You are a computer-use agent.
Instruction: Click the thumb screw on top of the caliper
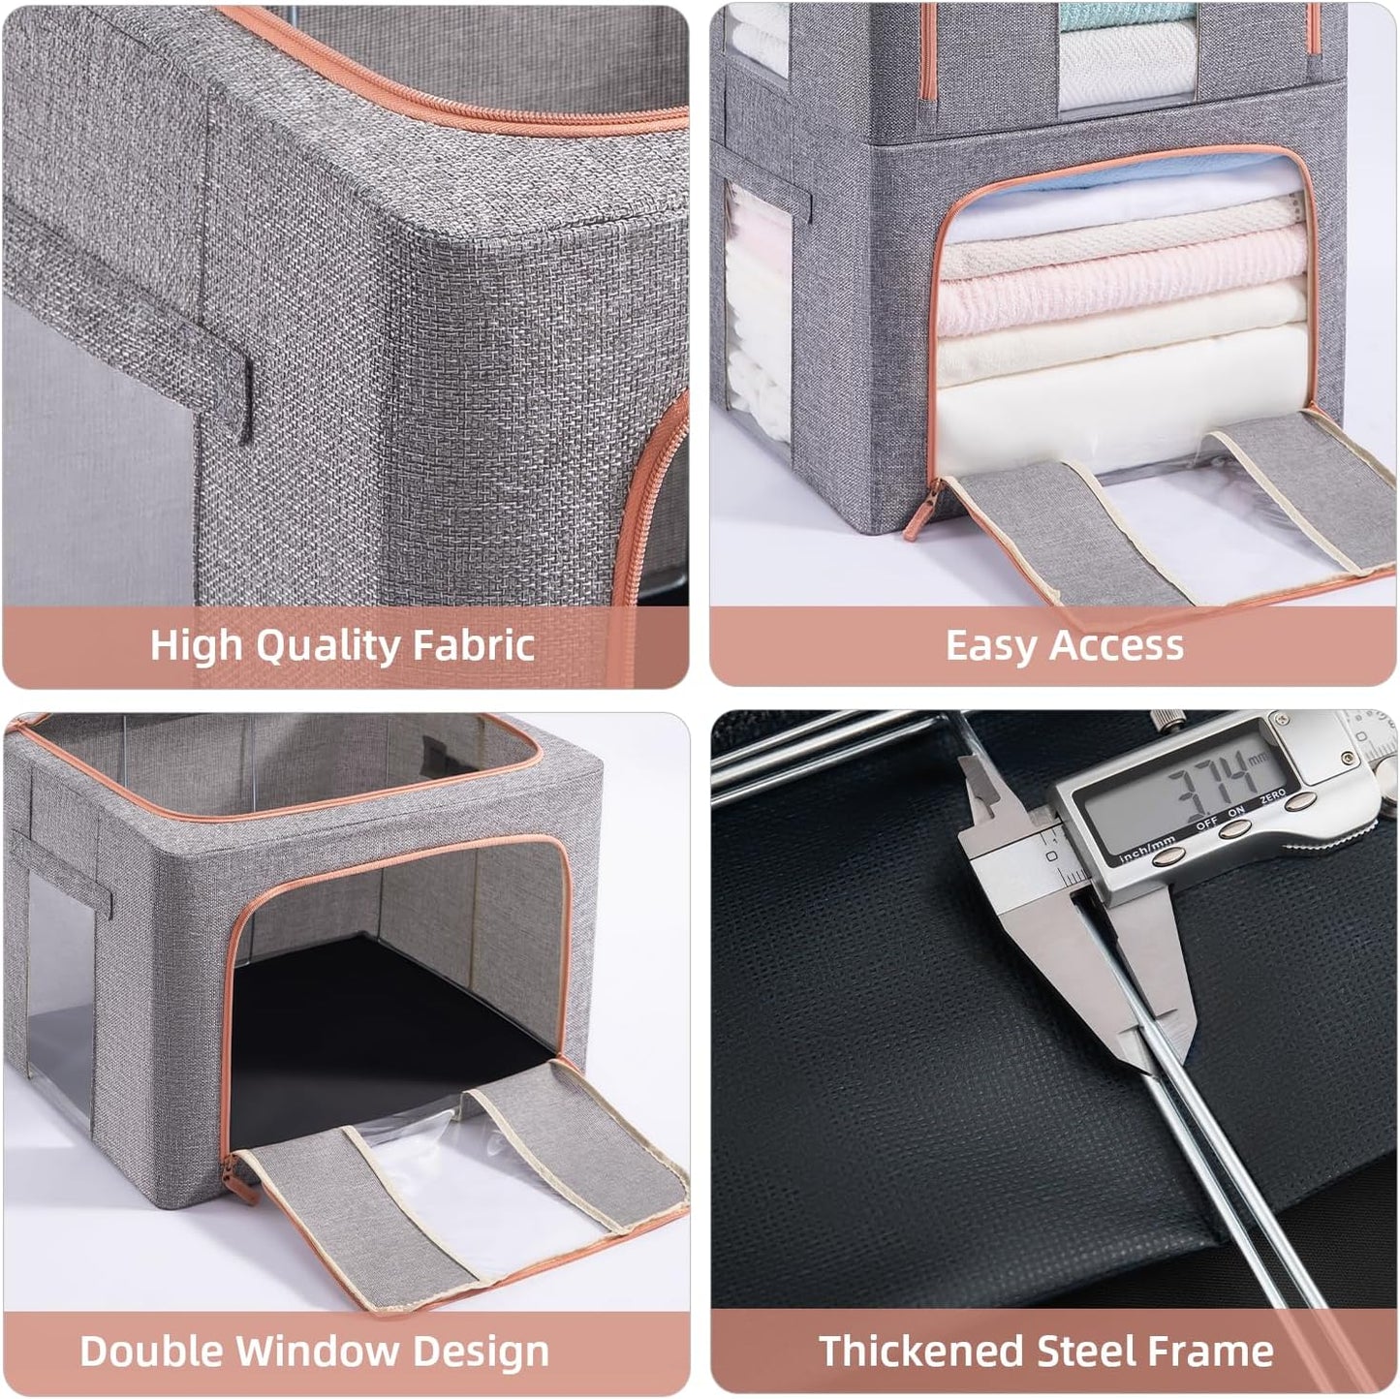[x=1163, y=723]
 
